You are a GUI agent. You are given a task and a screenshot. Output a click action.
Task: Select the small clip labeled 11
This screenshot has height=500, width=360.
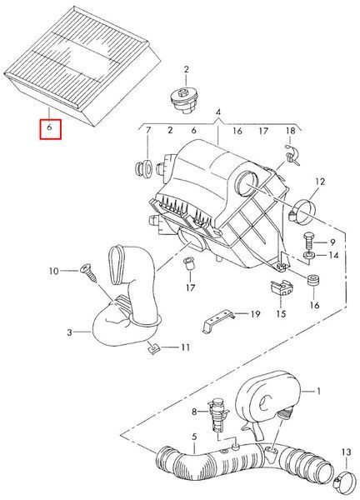click(152, 347)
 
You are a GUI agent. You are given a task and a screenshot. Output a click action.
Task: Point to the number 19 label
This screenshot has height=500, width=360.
click(254, 314)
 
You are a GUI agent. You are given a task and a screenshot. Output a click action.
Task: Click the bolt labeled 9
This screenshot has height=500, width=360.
click(307, 242)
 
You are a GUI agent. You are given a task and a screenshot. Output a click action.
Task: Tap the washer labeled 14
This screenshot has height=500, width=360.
click(309, 256)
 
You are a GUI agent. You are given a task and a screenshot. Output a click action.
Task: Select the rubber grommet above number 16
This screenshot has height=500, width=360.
click(313, 280)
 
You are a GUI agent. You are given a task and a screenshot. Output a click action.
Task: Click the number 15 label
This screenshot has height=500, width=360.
click(281, 313)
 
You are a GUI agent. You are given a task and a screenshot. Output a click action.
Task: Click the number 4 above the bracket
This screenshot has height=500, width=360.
click(218, 112)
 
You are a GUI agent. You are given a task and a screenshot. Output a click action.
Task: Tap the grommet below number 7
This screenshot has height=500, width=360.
click(144, 168)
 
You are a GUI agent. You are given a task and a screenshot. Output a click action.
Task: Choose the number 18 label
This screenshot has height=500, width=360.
click(291, 131)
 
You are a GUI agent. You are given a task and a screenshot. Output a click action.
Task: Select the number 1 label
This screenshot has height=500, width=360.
click(317, 391)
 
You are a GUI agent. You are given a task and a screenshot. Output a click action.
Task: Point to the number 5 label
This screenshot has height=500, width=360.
click(194, 437)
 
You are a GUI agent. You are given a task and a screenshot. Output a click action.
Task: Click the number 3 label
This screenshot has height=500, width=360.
click(70, 332)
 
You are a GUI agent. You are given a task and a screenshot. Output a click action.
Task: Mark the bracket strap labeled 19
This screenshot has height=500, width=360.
click(218, 321)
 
